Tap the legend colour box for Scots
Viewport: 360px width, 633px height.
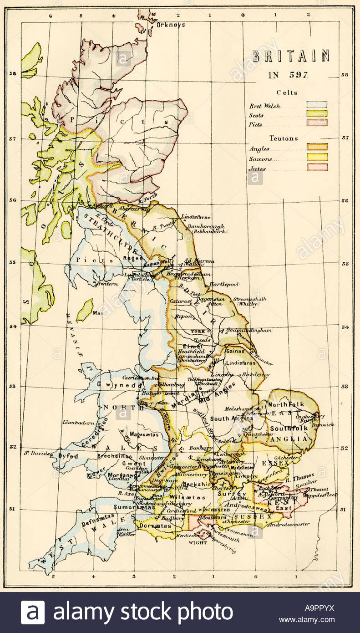(317, 114)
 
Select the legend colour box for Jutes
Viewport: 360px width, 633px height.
(317, 167)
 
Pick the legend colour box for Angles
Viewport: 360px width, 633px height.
(317, 147)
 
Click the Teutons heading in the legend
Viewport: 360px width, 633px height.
(284, 138)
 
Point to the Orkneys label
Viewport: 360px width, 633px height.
(171, 25)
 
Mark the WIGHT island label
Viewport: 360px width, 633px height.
(198, 542)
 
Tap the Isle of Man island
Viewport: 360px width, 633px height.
(85, 310)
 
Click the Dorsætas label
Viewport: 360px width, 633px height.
(155, 526)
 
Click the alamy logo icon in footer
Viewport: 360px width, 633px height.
(33, 613)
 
